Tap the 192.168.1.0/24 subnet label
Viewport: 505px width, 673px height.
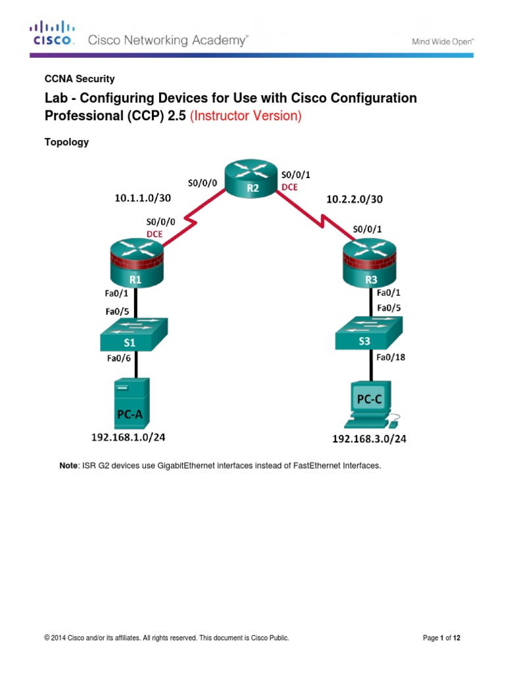(x=133, y=435)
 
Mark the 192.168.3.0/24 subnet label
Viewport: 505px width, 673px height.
(x=369, y=439)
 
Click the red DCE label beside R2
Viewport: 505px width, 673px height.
(x=290, y=187)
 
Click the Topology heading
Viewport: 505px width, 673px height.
(x=66, y=141)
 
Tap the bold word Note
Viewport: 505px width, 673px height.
(x=68, y=465)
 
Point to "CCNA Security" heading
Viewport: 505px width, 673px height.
(x=79, y=79)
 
